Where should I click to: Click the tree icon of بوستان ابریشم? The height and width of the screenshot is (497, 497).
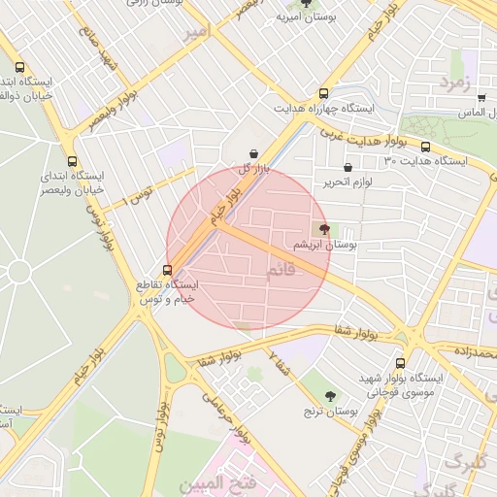point(324,229)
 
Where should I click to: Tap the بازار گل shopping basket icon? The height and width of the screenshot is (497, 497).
point(254,153)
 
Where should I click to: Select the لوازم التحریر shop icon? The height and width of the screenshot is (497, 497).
point(348,167)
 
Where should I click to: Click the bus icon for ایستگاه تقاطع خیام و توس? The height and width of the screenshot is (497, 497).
point(168,270)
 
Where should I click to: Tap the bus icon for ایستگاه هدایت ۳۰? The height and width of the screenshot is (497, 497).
point(425,147)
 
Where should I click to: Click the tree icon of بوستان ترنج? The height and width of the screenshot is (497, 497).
point(330,396)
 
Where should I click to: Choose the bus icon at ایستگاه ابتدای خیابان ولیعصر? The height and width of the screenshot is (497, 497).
point(72,162)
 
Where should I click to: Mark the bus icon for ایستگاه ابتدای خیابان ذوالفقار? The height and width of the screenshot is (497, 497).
point(20,68)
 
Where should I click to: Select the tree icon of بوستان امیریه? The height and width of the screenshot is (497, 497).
point(308,3)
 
